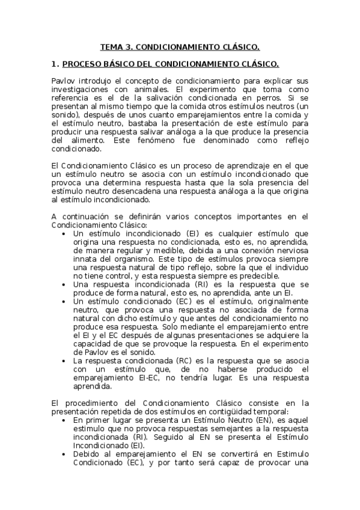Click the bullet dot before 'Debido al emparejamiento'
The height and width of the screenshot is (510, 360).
click(x=64, y=454)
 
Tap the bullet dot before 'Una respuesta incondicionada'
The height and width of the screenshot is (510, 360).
click(x=64, y=284)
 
